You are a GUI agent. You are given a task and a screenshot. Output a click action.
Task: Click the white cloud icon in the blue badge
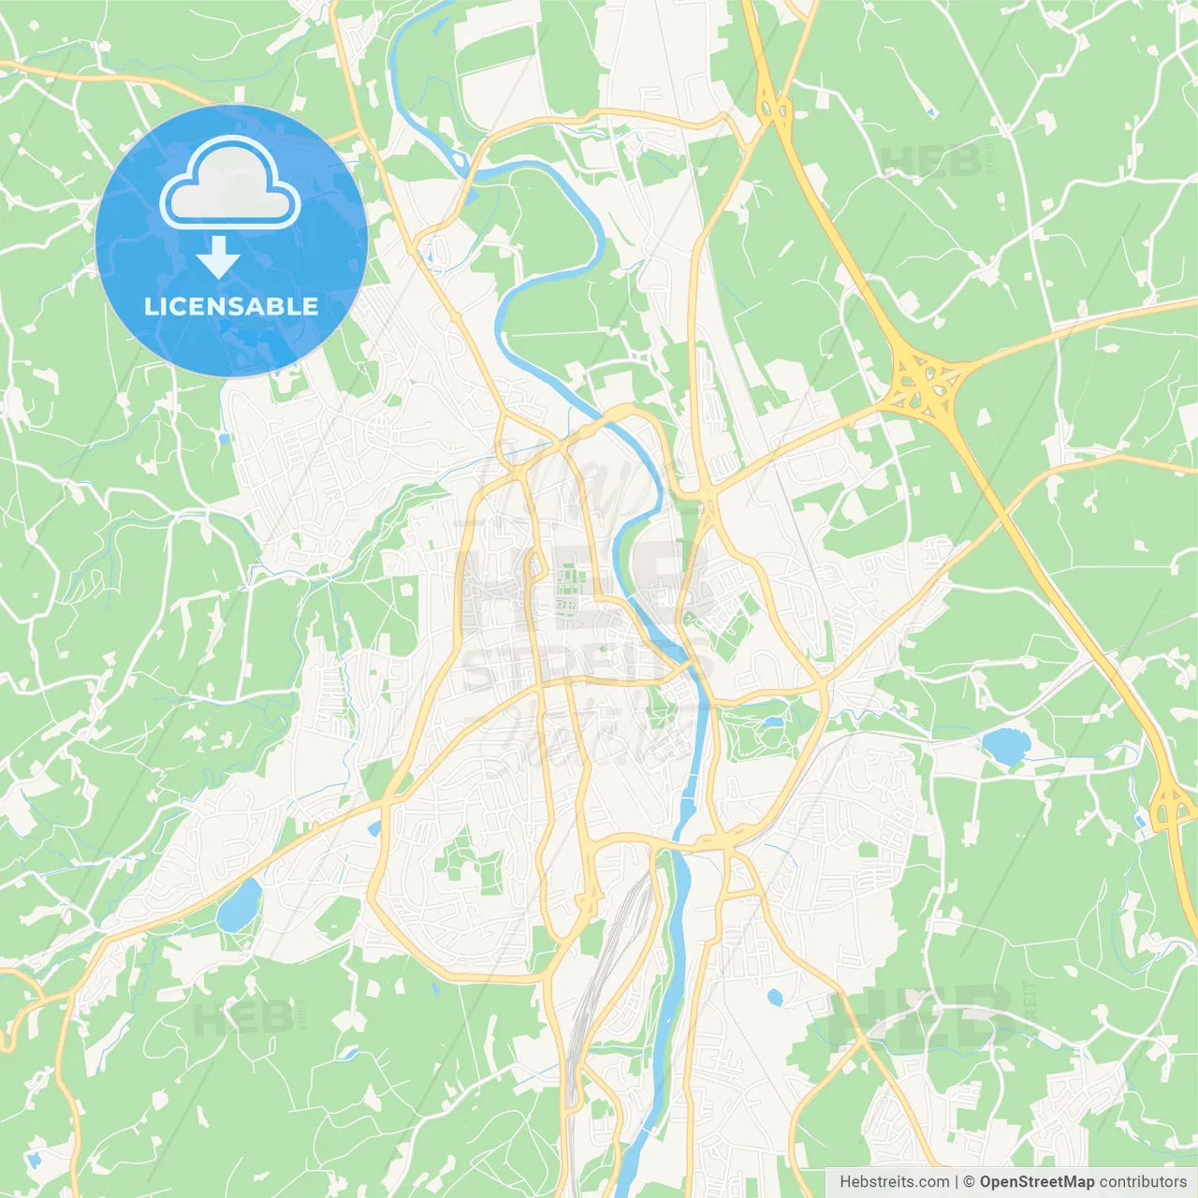pos(230,184)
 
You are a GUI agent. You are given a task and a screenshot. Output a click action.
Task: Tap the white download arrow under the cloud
pos(218,257)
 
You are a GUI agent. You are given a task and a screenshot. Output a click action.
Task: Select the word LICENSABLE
pos(231,306)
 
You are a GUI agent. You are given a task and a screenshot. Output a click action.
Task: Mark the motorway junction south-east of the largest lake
pos(1168,805)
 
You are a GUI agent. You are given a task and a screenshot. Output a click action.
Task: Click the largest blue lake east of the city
pos(1006,746)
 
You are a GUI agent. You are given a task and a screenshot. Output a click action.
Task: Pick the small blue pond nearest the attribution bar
pos(775,998)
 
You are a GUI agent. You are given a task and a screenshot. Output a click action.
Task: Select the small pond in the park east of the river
pos(773,723)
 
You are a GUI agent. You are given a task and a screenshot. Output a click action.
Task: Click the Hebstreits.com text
pos(894,1182)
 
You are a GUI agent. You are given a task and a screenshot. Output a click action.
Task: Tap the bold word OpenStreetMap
pos(1037,1182)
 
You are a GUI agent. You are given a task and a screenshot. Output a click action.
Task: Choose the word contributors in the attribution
pos(1143,1182)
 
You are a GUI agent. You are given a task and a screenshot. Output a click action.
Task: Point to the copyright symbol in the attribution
pos(969,1182)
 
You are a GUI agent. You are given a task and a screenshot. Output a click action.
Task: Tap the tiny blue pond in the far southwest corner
pos(35,1161)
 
